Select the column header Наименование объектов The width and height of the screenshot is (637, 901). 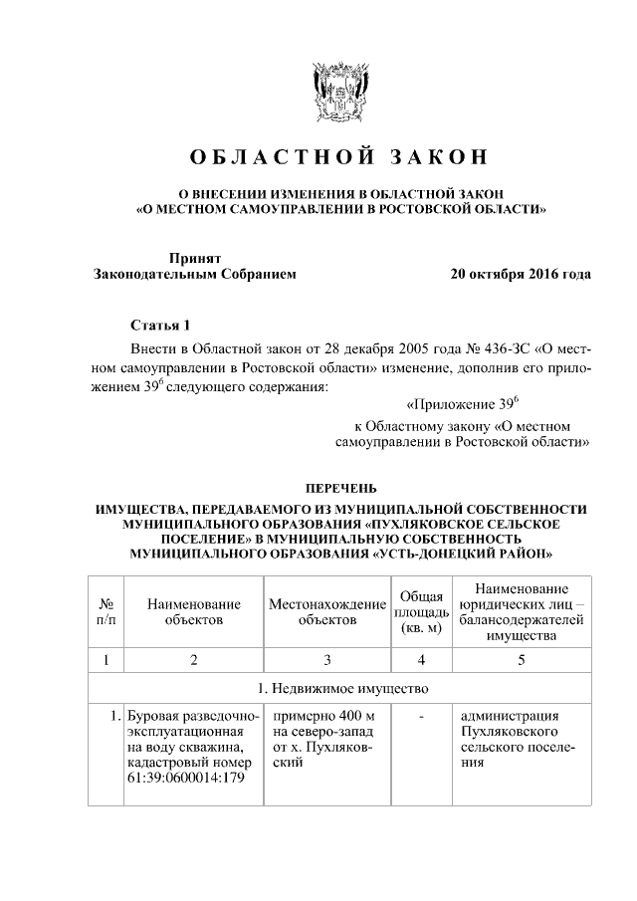pos(193,611)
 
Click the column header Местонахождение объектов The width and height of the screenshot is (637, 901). pos(326,611)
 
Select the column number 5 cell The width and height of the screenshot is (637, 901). pos(522,659)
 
